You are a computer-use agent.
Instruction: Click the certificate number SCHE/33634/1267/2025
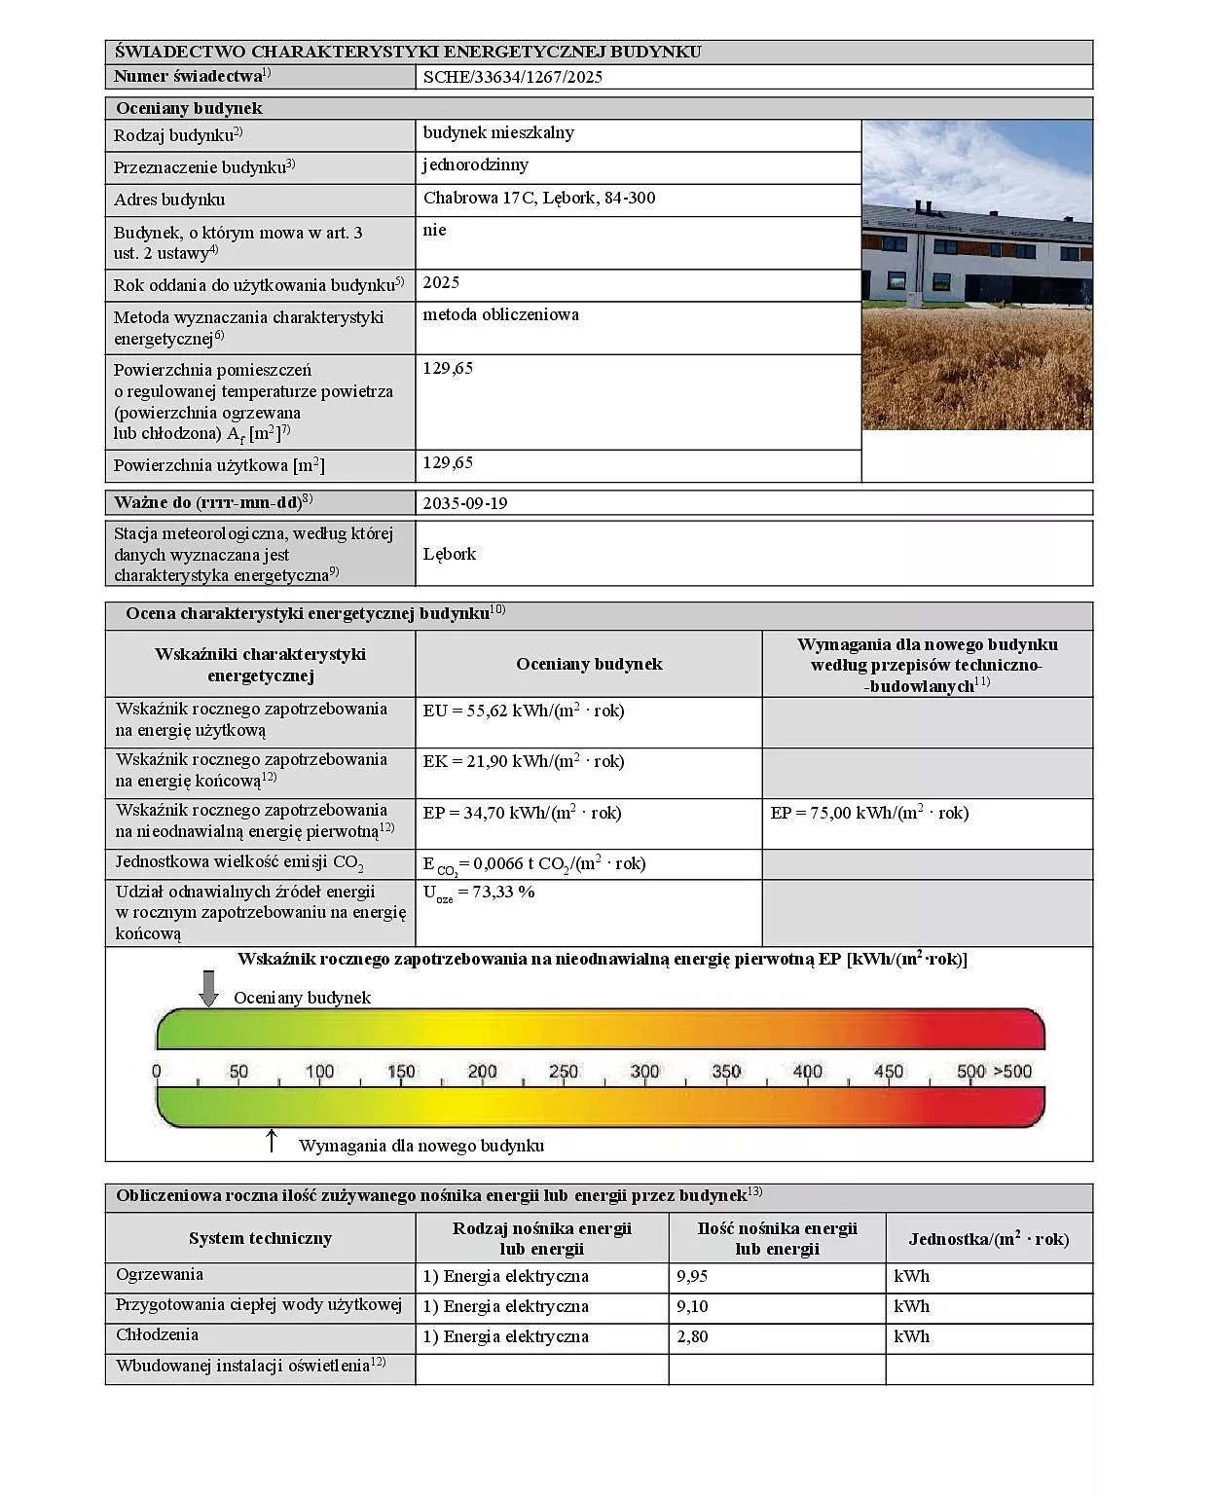[x=512, y=78]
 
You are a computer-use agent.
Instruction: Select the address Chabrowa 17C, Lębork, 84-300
[x=539, y=199]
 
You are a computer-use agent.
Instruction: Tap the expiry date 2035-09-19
[x=465, y=503]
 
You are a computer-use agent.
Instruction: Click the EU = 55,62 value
[x=524, y=712]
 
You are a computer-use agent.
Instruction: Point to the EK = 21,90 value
[x=524, y=762]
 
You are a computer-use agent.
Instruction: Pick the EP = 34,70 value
[x=522, y=813]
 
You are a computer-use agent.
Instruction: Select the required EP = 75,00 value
[x=869, y=813]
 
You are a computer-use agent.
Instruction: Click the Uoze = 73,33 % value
[x=479, y=893]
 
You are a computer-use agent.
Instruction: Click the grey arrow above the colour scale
[x=208, y=988]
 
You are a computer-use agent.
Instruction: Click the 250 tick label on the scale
[x=564, y=1072]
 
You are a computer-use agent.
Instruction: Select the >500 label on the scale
[x=1012, y=1072]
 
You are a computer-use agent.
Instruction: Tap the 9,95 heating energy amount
[x=692, y=1276]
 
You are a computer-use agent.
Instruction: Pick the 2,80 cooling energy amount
[x=692, y=1336]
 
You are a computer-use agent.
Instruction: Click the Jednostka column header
[x=988, y=1239]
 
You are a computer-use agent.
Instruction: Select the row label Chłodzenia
[x=157, y=1335]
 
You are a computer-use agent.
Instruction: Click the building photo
[x=977, y=274]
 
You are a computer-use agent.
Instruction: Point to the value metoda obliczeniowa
[x=500, y=315]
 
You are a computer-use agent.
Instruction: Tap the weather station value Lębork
[x=450, y=554]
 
